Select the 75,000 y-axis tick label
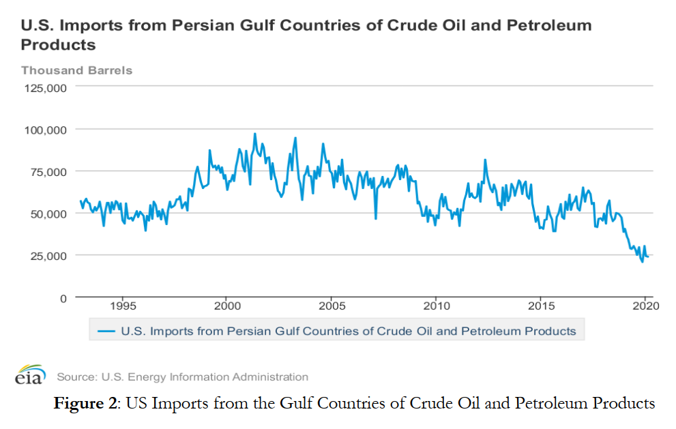click(46, 172)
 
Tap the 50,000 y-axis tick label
click(46, 213)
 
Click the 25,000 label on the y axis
click(46, 256)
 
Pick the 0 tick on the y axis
click(62, 298)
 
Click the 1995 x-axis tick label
click(122, 306)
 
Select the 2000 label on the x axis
click(226, 306)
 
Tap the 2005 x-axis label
click(332, 306)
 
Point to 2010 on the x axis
click(436, 306)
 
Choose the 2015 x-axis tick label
click(540, 306)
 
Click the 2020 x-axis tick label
click(645, 306)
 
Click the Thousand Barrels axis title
click(76, 70)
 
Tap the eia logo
click(30, 376)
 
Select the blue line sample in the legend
click(106, 331)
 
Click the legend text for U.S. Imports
click(348, 331)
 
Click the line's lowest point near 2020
click(642, 262)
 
